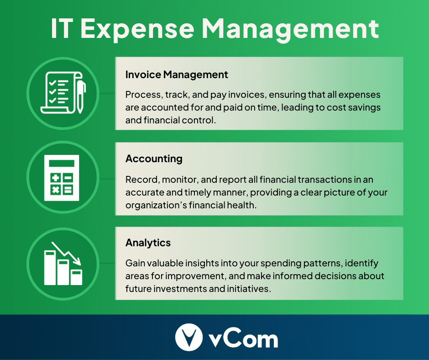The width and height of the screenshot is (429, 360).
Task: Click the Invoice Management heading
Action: (x=177, y=74)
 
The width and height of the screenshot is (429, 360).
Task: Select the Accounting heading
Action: (x=154, y=159)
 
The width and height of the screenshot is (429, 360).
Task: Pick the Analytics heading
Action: (x=148, y=243)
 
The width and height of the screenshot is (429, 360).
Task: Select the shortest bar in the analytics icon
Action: (x=76, y=277)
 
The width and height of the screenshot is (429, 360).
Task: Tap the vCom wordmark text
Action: (x=243, y=339)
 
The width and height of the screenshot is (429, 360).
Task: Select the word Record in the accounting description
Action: (x=139, y=180)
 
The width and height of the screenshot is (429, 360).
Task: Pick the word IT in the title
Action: (x=63, y=29)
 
